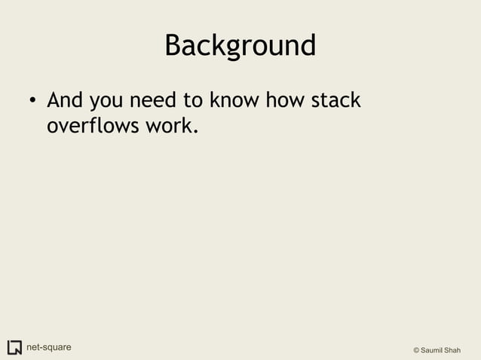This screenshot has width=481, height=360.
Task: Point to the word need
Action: [156, 100]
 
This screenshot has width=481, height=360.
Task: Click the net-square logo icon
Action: [14, 348]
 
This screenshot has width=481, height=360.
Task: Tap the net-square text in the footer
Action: [49, 348]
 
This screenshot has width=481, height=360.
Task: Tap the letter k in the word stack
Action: [355, 100]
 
